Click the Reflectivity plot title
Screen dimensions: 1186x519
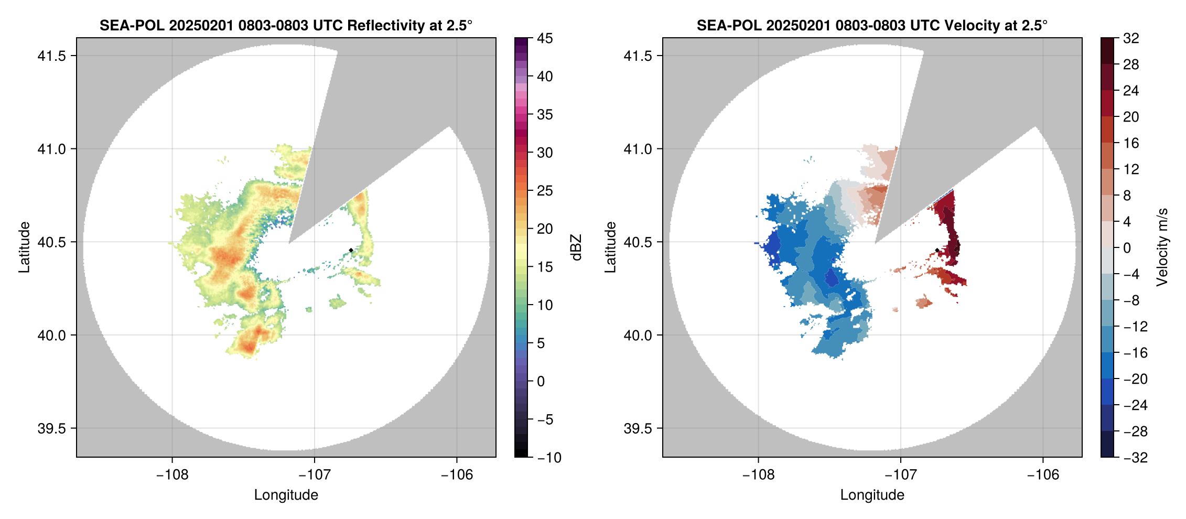[x=286, y=25]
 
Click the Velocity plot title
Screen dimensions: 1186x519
[x=872, y=25]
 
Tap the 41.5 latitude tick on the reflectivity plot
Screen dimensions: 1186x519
[x=52, y=56]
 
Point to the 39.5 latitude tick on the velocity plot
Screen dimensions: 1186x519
[x=638, y=428]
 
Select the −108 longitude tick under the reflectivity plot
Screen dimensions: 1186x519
[x=172, y=474]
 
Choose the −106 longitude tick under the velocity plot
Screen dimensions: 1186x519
[x=1043, y=474]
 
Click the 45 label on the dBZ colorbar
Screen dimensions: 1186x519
[x=545, y=38]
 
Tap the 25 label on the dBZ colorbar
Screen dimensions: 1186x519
[x=545, y=191]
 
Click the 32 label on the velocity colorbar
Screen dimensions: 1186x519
[x=1131, y=38]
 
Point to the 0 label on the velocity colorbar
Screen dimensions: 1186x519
[x=1127, y=248]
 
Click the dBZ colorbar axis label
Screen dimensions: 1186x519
[x=576, y=247]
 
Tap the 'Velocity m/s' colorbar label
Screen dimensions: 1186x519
[x=1162, y=247]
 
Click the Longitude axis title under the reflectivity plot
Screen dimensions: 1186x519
[x=286, y=495]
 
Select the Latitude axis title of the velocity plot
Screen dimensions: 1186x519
[x=610, y=247]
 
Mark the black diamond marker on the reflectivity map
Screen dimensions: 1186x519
[x=351, y=250]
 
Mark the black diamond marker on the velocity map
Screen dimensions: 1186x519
[x=937, y=250]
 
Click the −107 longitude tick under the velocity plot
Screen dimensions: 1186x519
[x=901, y=474]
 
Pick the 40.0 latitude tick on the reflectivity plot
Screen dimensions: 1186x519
[x=52, y=335]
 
